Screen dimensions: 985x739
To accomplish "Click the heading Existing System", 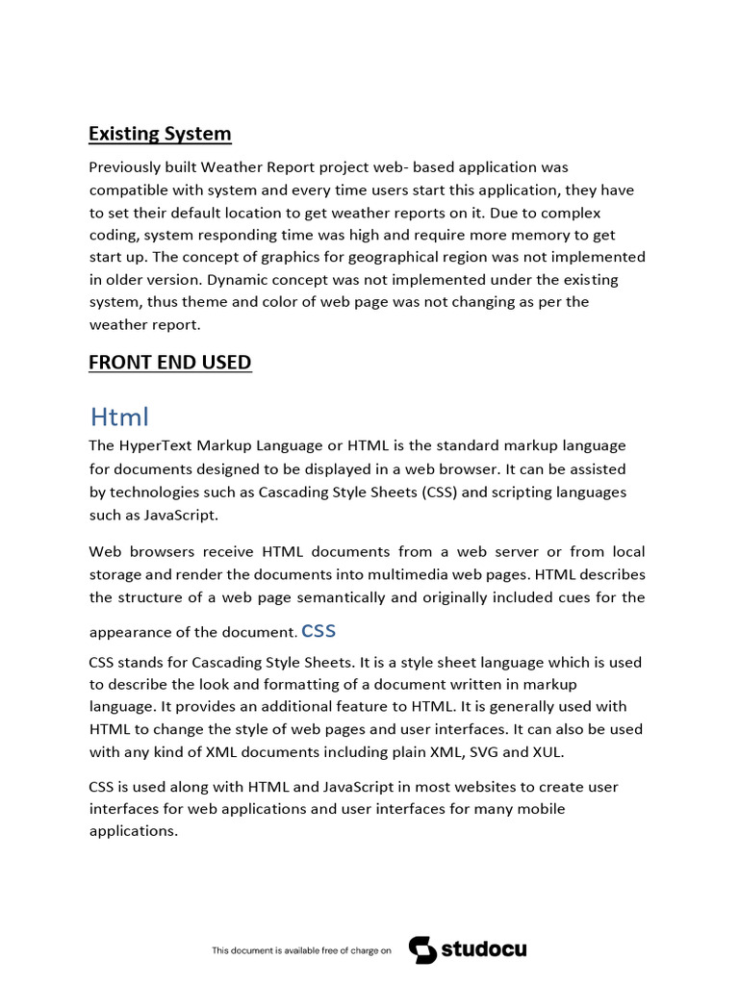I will (160, 134).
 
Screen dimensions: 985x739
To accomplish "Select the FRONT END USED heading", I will (169, 363).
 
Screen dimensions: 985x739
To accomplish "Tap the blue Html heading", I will (119, 417).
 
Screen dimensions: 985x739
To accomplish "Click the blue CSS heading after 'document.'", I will (319, 631).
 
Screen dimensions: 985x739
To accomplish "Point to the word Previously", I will (129, 167).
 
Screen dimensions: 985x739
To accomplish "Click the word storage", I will (118, 574).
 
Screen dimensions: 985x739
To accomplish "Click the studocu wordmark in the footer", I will (484, 949).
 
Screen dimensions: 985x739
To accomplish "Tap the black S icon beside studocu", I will (422, 949).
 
